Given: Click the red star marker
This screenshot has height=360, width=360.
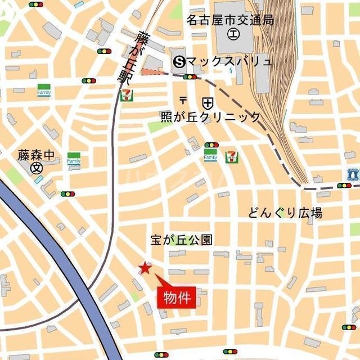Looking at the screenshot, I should (x=145, y=268).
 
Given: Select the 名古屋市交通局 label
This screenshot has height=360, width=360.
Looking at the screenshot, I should (x=230, y=21).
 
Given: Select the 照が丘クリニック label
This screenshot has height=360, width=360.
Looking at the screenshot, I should (x=210, y=117).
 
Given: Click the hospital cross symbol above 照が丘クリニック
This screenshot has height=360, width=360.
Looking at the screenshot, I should (x=208, y=102).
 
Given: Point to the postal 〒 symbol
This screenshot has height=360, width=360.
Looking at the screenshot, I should (x=183, y=101).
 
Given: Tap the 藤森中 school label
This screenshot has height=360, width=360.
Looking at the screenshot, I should (x=36, y=155).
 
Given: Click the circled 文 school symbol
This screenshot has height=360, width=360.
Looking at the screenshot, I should (x=37, y=168).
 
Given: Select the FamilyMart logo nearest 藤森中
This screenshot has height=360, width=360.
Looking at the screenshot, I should (x=74, y=158).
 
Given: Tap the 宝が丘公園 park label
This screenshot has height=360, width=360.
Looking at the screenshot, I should (x=181, y=240).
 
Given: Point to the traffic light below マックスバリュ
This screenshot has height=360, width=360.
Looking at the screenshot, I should (x=190, y=77).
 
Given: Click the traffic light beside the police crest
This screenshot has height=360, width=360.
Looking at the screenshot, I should (x=344, y=185).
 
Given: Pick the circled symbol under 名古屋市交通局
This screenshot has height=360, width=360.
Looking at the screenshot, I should (x=232, y=34).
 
